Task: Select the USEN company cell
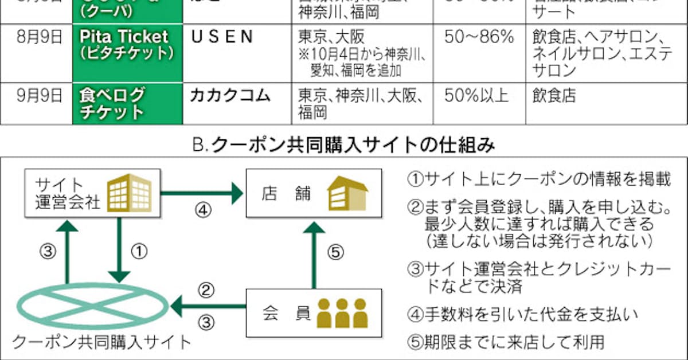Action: pos(221,37)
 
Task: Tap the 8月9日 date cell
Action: pos(40,37)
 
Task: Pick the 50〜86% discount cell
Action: pos(479,37)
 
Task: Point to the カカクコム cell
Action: pos(230,95)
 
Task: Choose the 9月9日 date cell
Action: pos(40,95)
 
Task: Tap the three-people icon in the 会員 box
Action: pos(342,313)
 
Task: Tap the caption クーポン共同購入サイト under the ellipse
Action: pos(101,343)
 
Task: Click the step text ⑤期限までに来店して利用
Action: pos(506,343)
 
